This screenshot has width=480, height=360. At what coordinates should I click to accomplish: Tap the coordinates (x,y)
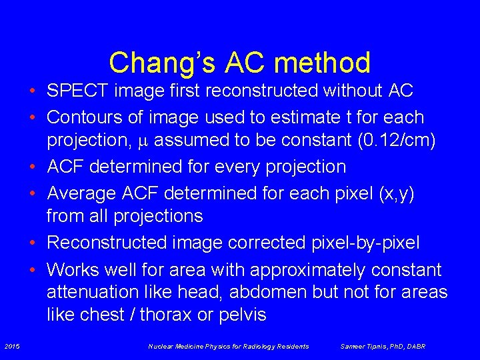(397, 193)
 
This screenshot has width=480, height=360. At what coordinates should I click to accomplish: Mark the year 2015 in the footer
(12, 346)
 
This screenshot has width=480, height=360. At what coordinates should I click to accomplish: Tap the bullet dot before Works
(33, 270)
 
